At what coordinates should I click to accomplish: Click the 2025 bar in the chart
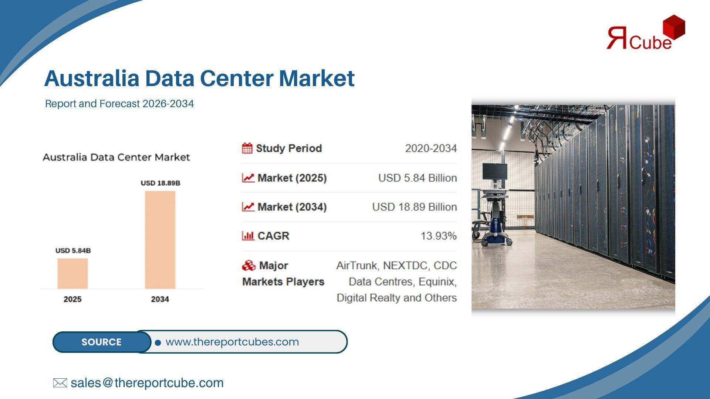coord(72,273)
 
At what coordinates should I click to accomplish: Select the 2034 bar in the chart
coord(160,240)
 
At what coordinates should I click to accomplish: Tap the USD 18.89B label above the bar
coord(160,183)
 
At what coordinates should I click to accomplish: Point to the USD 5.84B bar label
coord(73,250)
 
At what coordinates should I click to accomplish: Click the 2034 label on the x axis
coord(160,299)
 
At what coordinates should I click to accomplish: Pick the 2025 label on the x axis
coord(72,299)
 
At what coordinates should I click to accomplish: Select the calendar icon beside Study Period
coord(247,148)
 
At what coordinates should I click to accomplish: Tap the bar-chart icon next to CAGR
coord(248,236)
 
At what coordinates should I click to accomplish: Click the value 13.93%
coord(439,236)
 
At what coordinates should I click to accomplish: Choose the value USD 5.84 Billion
coord(417,178)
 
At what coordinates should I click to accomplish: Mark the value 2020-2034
coord(431,149)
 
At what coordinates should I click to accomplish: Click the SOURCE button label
coord(101,342)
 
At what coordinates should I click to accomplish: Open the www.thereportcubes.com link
coord(232,342)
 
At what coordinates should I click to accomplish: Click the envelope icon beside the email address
coord(60,383)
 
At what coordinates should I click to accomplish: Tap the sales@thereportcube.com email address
coord(147,383)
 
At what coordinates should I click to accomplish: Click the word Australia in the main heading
coord(92,78)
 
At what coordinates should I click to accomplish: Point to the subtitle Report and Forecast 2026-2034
coord(119,104)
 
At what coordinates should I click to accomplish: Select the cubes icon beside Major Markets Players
coord(248,265)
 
